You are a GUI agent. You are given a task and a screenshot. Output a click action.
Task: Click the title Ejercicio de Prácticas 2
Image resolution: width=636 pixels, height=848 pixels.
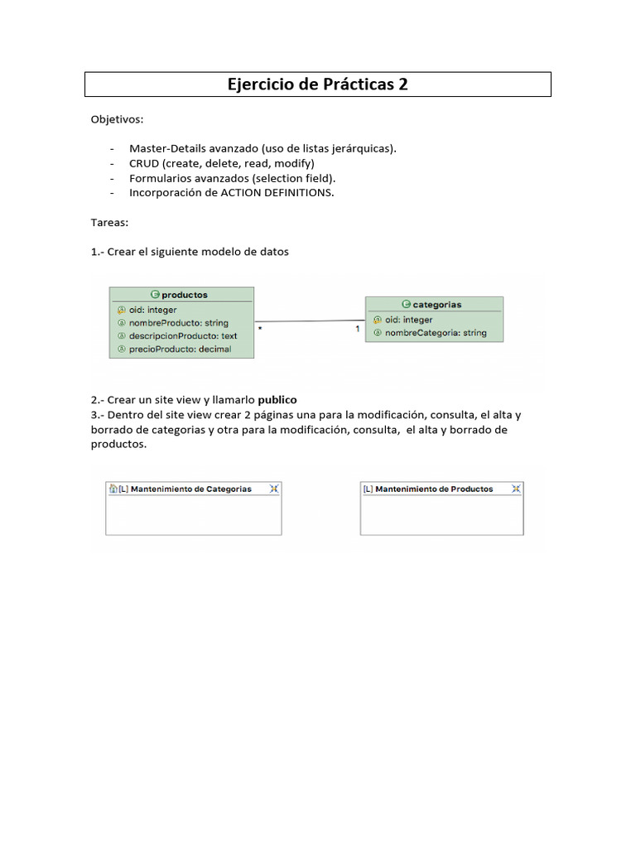point(318,84)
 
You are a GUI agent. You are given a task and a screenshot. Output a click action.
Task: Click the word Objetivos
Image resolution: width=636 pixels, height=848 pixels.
point(117,119)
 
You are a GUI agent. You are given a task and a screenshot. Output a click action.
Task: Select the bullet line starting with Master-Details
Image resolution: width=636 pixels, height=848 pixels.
point(263,148)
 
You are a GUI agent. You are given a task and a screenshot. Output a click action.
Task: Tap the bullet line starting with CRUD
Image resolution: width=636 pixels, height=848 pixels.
point(221,163)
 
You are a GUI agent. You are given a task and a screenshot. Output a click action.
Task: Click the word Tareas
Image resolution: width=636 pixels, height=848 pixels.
point(109,223)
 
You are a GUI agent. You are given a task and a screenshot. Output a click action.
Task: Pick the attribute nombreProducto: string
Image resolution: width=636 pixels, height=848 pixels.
point(178,322)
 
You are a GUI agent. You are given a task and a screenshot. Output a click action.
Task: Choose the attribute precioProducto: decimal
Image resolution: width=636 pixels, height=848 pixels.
point(180,349)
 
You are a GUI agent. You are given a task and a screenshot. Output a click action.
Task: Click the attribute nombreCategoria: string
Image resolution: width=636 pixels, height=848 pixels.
point(436,333)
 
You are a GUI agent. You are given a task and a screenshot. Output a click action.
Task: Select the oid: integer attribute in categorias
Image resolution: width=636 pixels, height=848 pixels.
point(408,320)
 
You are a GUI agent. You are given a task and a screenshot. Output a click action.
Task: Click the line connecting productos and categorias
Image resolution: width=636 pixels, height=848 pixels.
point(310,321)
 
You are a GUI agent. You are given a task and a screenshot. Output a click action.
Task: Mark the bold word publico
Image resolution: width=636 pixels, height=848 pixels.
point(277,399)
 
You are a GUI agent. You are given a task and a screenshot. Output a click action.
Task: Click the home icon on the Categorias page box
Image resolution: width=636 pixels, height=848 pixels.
point(113,489)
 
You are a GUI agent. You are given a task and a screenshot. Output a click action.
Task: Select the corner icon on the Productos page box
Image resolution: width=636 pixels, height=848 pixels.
point(516,489)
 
